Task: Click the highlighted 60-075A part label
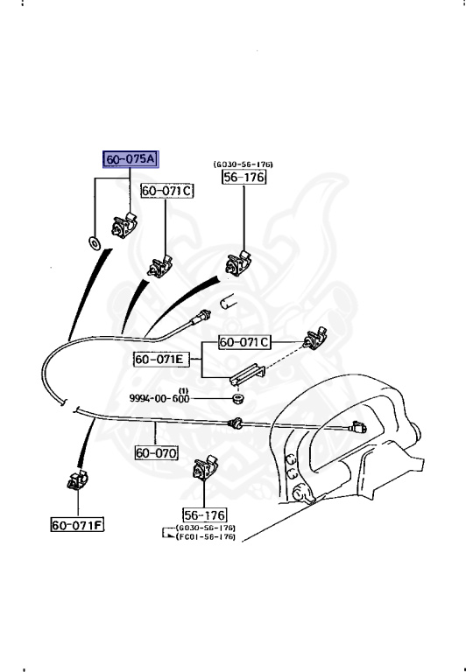pos(131,159)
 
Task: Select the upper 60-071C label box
pos(167,191)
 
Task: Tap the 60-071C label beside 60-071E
pos(244,342)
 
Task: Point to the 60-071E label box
pos(161,359)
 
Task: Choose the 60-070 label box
pos(156,453)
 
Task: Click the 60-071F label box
pos(78,525)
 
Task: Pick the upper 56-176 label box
pos(244,177)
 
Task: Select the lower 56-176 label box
pos(205,515)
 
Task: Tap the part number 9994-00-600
pos(159,399)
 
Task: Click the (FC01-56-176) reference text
pos(206,536)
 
